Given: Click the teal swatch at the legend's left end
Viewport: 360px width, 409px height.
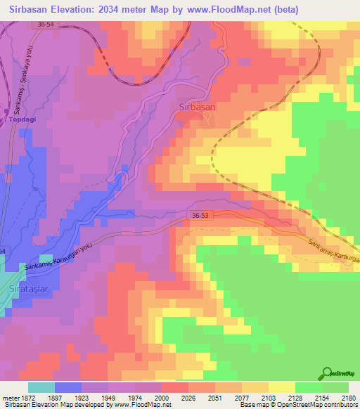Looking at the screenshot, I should (x=41, y=387).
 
